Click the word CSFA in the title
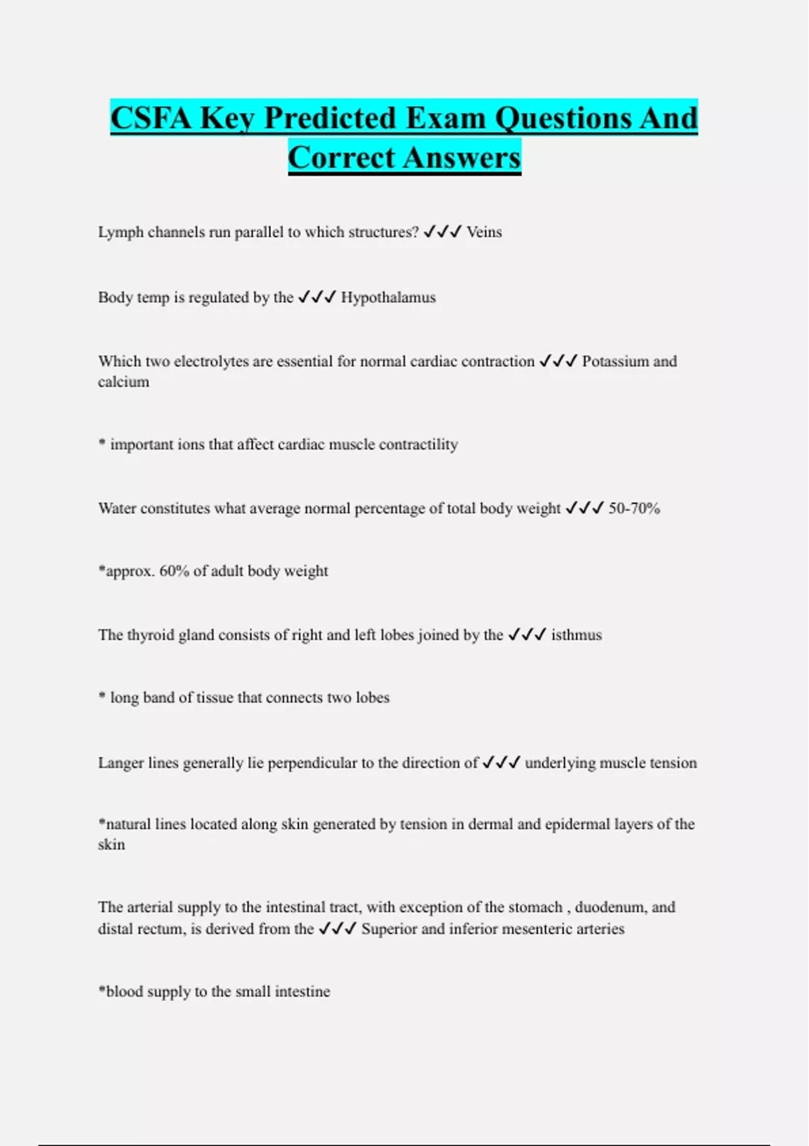pyautogui.click(x=152, y=118)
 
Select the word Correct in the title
pyautogui.click(x=341, y=158)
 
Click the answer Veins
pyautogui.click(x=484, y=232)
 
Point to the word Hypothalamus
pyautogui.click(x=388, y=297)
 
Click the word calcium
pyautogui.click(x=123, y=382)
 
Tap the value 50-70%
pyautogui.click(x=634, y=508)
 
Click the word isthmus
pyautogui.click(x=576, y=635)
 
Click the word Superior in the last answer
pyautogui.click(x=388, y=929)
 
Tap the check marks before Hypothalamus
pyautogui.click(x=317, y=297)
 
